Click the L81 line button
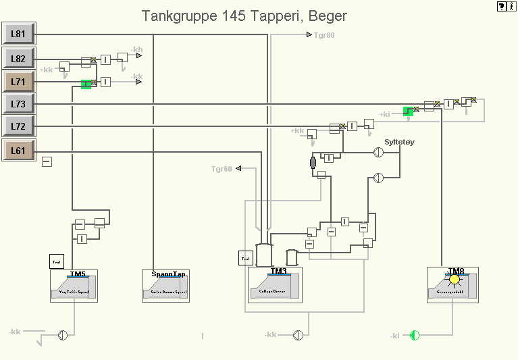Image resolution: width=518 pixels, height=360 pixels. [x=18, y=34]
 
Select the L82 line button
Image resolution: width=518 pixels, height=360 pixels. [x=18, y=59]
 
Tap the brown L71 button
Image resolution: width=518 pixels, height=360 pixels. [x=18, y=82]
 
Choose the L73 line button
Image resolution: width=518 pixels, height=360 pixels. [x=18, y=104]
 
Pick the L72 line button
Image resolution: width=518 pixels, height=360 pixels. [x=18, y=126]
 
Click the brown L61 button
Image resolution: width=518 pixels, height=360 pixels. [x=18, y=151]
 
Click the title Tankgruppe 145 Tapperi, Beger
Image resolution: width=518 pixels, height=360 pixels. [x=244, y=16]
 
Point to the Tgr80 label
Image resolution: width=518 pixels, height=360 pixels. [x=324, y=34]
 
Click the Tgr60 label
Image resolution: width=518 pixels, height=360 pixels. [x=222, y=169]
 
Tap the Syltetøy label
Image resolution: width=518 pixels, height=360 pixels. [x=399, y=142]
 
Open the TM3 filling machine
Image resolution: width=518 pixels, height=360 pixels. [x=275, y=286]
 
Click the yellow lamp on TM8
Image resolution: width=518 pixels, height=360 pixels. [x=455, y=279]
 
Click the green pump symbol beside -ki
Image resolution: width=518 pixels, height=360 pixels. [x=415, y=335]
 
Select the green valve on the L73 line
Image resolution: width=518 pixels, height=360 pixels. [x=408, y=111]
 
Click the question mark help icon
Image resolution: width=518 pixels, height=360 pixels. [x=502, y=6]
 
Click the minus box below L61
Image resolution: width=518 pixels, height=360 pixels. [x=47, y=161]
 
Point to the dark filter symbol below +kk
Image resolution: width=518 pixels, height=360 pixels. [x=313, y=162]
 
